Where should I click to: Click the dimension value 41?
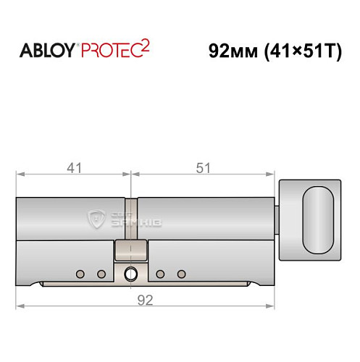click(x=73, y=168)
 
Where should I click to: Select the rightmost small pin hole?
click(x=182, y=274)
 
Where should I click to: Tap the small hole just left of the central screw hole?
click(x=101, y=274)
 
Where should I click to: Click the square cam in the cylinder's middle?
click(x=131, y=253)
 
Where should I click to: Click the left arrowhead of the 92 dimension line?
click(x=20, y=308)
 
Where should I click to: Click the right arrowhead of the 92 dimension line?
click(x=275, y=308)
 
